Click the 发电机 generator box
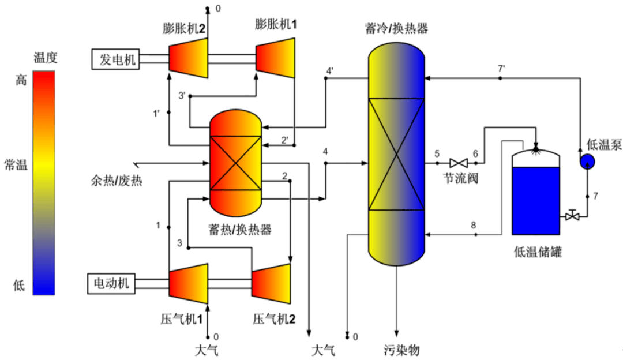pos(116,60)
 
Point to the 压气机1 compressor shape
pos(188,284)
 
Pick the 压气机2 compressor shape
pos(271,284)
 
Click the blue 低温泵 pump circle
pos(587,161)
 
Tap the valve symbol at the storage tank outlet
pos(572,216)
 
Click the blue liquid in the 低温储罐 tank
pos(536,199)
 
